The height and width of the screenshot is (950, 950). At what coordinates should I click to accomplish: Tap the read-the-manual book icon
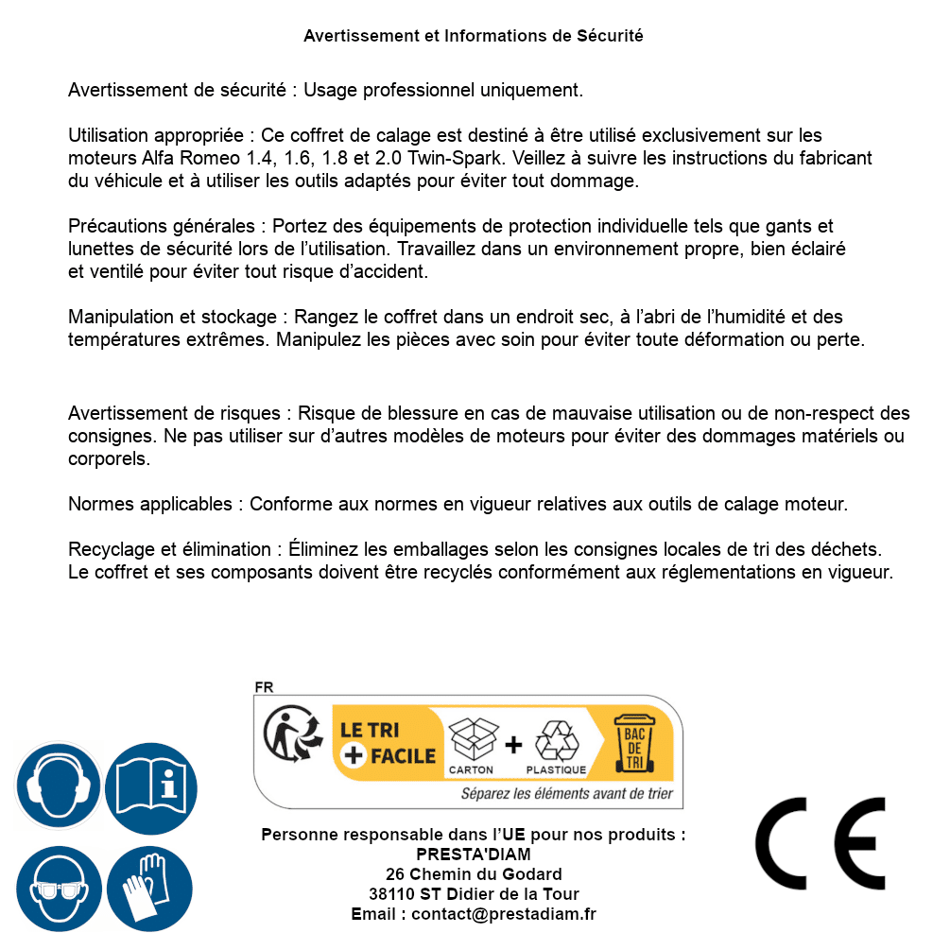[151, 786]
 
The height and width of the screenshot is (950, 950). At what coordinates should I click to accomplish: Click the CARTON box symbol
[472, 743]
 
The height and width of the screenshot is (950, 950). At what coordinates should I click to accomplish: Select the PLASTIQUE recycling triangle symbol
[556, 743]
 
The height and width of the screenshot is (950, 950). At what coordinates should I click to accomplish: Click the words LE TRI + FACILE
[388, 743]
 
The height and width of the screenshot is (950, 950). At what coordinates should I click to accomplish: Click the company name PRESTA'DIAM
[474, 855]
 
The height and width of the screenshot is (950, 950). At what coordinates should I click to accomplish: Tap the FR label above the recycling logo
[264, 687]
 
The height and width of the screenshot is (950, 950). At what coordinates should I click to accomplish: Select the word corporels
[108, 459]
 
